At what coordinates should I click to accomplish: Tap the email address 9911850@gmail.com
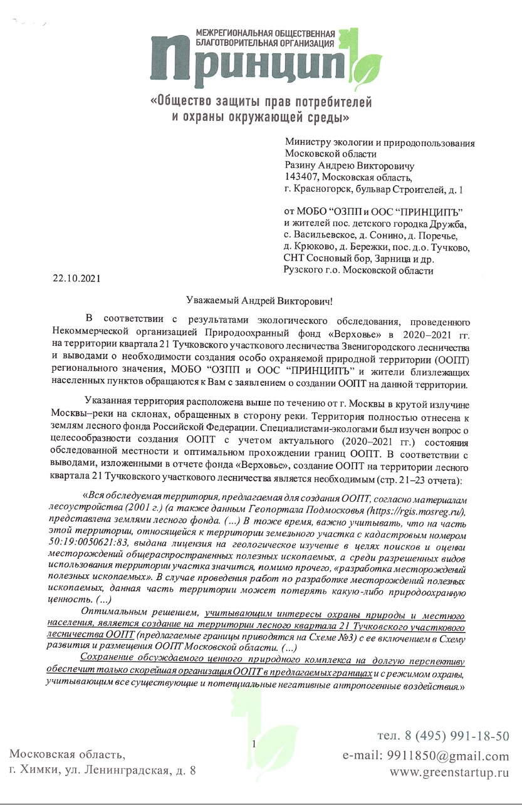click(x=425, y=756)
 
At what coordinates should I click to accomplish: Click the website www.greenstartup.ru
click(x=449, y=773)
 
